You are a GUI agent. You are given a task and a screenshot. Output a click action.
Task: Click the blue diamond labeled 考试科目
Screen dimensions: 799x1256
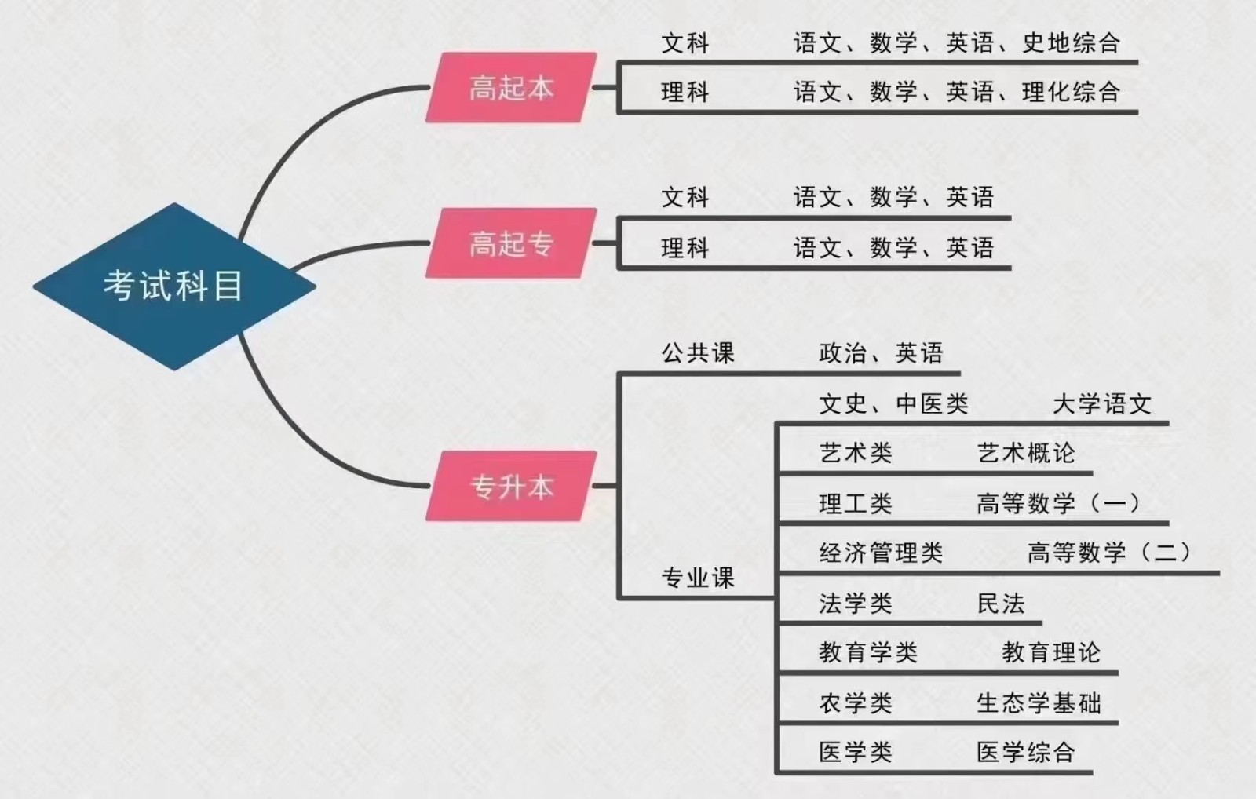(173, 286)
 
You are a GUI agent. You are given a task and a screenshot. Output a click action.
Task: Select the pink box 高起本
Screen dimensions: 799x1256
(511, 88)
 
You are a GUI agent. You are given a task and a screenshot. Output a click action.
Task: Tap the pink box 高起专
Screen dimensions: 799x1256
(511, 243)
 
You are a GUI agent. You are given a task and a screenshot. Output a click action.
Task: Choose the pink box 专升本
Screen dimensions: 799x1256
(511, 487)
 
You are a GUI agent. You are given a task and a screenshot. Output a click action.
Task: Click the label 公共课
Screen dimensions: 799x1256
(697, 353)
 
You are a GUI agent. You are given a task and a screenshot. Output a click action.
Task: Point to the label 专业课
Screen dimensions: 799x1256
(697, 578)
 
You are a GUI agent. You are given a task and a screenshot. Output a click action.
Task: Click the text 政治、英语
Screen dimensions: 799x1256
(880, 353)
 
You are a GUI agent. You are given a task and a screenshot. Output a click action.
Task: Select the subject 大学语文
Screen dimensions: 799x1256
(1101, 404)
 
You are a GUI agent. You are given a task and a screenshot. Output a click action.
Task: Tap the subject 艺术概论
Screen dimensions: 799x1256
(1025, 453)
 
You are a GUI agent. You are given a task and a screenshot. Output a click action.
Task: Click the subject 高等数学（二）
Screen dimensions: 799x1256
(1109, 553)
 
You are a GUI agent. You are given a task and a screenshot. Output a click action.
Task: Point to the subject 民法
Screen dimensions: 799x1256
(1000, 604)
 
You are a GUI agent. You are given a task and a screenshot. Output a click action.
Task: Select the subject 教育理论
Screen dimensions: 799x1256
(1051, 652)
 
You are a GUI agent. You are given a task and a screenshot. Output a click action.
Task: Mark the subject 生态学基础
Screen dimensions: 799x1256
(1039, 703)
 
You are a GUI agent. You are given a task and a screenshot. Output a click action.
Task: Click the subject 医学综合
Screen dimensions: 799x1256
(1025, 753)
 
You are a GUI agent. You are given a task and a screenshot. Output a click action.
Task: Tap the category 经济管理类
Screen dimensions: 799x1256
(880, 553)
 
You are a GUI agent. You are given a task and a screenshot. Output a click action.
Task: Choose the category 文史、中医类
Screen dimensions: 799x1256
(893, 404)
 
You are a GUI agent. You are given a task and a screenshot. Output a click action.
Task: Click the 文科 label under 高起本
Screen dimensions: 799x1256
(685, 43)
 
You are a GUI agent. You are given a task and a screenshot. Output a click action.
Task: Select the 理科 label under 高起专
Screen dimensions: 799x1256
(685, 249)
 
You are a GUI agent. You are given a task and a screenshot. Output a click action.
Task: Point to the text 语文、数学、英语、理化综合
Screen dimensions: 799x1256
(956, 93)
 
